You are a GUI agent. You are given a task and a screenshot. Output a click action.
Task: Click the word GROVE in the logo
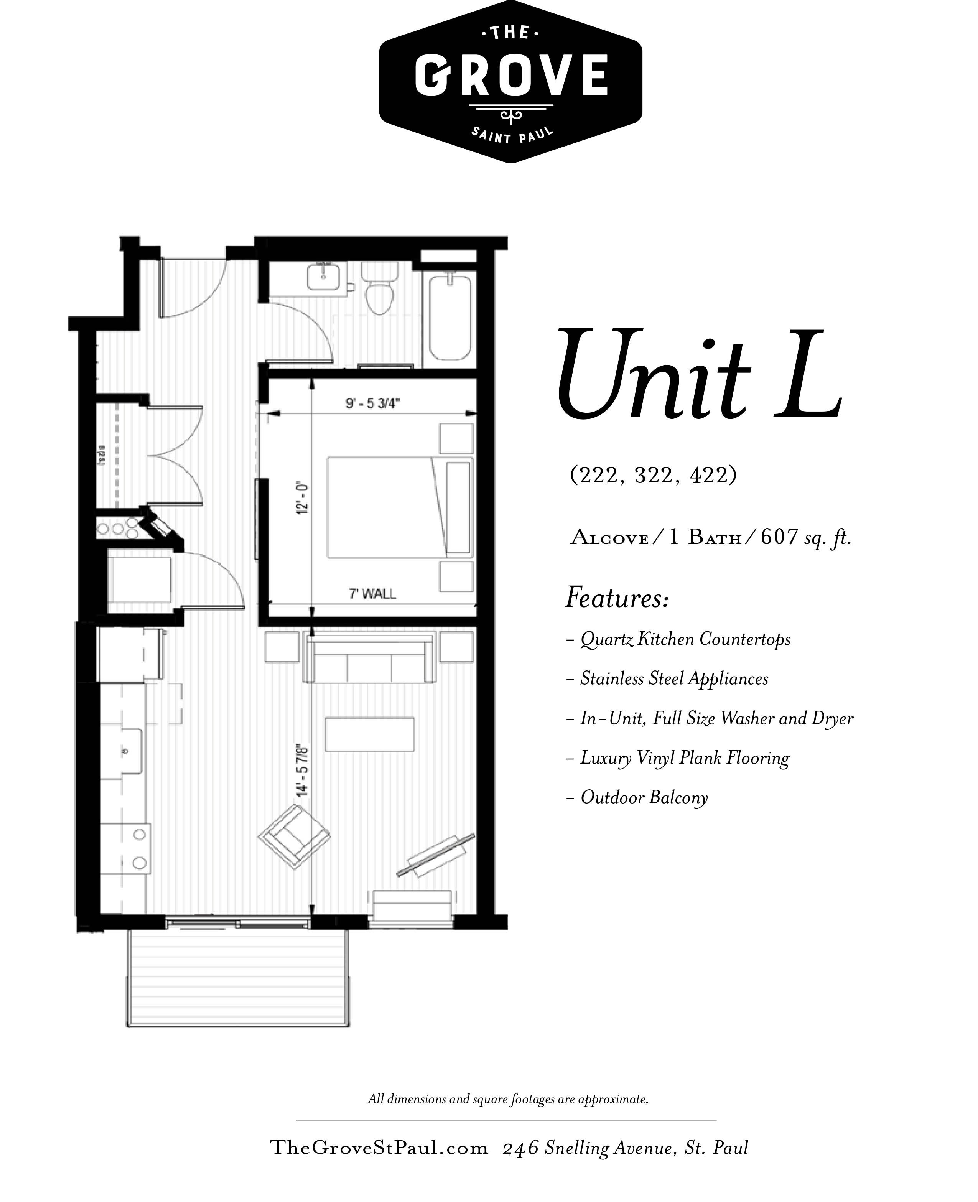pyautogui.click(x=511, y=75)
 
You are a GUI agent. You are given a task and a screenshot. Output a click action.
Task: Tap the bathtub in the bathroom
pyautogui.click(x=449, y=318)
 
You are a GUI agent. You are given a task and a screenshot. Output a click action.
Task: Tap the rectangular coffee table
pyautogui.click(x=370, y=734)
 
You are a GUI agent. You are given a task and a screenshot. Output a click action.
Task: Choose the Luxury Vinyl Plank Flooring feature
pyautogui.click(x=685, y=758)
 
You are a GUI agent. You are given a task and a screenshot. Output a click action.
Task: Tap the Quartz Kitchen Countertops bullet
pyautogui.click(x=685, y=639)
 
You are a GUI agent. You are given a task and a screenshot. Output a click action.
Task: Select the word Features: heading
pyautogui.click(x=616, y=598)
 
